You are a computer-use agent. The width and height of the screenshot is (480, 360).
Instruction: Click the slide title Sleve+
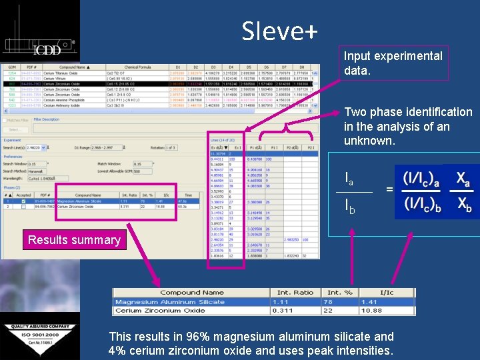279,30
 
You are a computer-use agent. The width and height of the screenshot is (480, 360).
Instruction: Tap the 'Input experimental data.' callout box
393,63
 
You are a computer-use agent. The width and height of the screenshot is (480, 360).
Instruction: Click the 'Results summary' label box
74,240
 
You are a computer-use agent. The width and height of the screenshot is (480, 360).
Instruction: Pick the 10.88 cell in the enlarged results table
389,310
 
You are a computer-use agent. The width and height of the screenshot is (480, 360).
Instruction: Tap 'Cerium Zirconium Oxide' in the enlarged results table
160,310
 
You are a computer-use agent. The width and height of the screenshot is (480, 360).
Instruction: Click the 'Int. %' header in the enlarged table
339,292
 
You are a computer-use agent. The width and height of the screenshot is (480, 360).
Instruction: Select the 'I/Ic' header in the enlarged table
386,292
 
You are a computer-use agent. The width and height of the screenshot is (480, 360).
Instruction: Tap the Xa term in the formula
463,179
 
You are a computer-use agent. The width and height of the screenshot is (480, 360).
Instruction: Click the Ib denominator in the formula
349,208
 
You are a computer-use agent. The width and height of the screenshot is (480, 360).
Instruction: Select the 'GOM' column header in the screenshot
11,67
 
